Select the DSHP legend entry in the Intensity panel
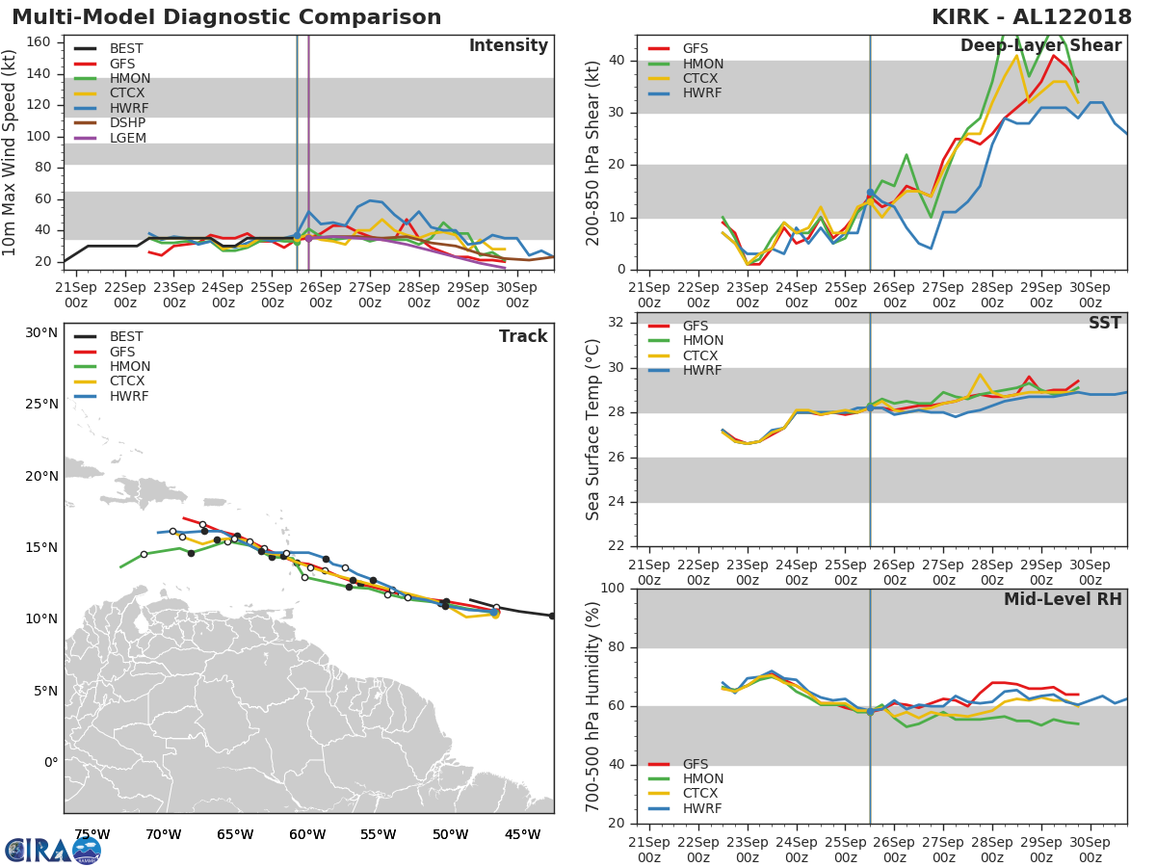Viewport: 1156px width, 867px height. point(127,123)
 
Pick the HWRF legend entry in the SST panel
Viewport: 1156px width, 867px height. point(702,371)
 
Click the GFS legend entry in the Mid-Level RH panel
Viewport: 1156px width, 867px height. point(696,764)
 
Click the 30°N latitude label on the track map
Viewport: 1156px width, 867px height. point(41,332)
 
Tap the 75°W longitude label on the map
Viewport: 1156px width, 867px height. point(92,834)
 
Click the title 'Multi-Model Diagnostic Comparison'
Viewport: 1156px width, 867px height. point(226,17)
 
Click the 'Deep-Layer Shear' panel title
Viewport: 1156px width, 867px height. point(1040,46)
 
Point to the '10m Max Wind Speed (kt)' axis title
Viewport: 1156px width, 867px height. point(11,153)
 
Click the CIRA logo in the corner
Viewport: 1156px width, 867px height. point(53,850)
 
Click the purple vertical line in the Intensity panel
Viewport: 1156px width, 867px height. point(308,144)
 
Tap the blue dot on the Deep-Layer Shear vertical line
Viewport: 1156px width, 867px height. point(870,194)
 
